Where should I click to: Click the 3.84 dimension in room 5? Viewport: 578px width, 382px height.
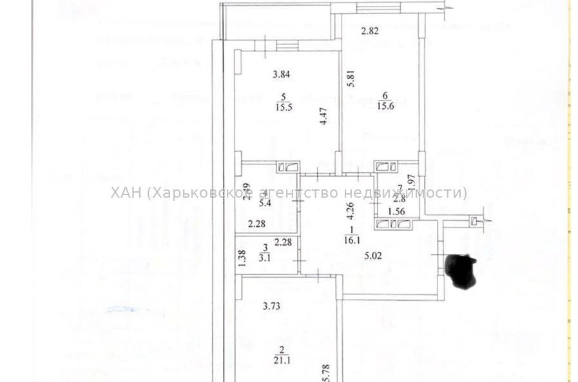point(281,73)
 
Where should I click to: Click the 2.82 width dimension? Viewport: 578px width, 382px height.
point(369,30)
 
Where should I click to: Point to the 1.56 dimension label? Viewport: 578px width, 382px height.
point(396,211)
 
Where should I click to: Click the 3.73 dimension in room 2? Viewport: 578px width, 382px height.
point(272,306)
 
